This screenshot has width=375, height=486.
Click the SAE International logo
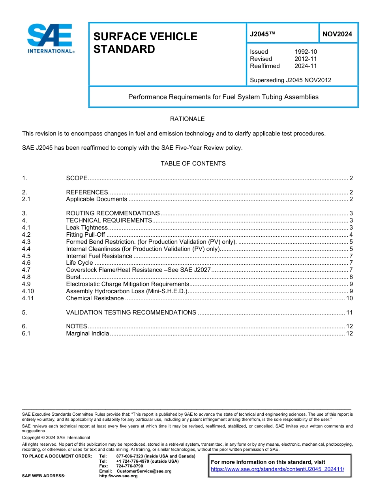[50, 39]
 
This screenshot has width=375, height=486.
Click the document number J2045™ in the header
[262, 34]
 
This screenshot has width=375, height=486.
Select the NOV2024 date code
[337, 34]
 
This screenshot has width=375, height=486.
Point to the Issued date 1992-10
[306, 52]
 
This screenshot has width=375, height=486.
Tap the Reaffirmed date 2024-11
[306, 66]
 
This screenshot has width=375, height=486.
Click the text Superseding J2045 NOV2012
[291, 80]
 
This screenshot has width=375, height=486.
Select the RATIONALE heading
[187, 119]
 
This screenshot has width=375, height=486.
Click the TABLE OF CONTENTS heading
[193, 164]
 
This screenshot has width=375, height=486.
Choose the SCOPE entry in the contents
[77, 178]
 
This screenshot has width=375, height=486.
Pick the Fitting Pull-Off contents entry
[86, 235]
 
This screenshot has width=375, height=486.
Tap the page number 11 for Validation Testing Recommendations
[349, 313]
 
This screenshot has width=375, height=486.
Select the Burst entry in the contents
[73, 277]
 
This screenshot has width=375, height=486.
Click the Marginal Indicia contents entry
[87, 333]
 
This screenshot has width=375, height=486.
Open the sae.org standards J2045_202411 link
[277, 469]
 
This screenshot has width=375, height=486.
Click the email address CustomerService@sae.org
[144, 471]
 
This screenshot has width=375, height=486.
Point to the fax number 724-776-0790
[129, 466]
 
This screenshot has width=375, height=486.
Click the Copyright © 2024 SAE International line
[56, 437]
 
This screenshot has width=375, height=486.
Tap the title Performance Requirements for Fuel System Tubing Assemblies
[223, 97]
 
